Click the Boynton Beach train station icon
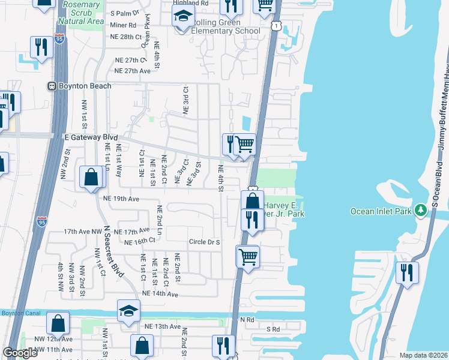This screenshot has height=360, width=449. coord(52,86)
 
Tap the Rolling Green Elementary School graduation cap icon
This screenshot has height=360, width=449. coord(184,16)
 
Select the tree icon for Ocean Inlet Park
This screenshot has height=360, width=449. coord(422,211)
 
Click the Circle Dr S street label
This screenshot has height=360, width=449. coord(205,242)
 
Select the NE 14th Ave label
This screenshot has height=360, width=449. coord(160,294)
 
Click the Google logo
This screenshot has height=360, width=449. coord(20,353)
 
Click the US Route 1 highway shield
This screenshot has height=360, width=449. coord(275,27)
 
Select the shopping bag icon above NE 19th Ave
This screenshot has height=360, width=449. coord(91,177)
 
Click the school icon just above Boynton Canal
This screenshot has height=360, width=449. coord(128,310)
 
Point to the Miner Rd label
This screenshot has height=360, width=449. coord(123,25)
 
